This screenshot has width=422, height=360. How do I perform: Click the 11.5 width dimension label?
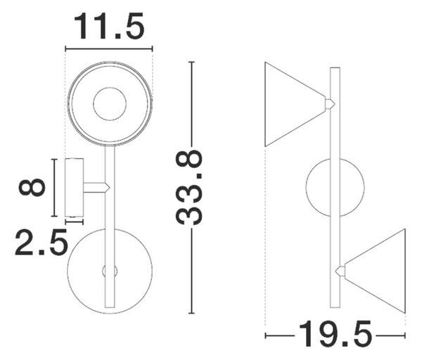coord(109,27)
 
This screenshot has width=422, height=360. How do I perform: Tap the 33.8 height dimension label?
coord(188,188)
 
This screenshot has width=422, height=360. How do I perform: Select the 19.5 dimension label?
coord(335,333)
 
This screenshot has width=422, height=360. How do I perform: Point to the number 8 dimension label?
coord(32,187)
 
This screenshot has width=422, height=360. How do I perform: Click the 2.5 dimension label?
coord(41,242)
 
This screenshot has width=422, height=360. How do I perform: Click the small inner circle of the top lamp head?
coord(110,104)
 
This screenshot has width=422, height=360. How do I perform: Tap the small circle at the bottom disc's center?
coord(110,271)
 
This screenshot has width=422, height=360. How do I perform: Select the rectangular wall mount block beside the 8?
coord(75,188)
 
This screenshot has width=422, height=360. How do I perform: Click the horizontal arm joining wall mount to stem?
coord(96,188)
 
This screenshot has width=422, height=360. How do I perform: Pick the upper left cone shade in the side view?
coord(295,104)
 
